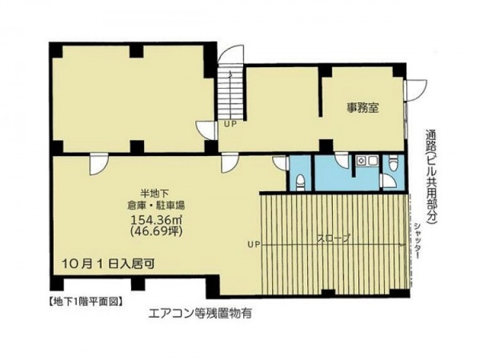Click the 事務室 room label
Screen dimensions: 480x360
(363, 107)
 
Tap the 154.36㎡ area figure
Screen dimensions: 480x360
(157, 220)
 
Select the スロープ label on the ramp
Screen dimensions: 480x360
(333, 239)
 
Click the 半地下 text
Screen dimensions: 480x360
(155, 193)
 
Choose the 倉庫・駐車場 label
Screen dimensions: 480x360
(156, 205)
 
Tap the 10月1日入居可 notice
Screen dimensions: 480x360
(108, 263)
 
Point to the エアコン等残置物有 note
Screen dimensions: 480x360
(200, 313)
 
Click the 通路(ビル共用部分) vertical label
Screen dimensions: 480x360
(431, 177)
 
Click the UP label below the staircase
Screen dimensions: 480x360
(230, 124)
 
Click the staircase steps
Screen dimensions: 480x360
(230, 92)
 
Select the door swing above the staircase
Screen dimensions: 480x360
(231, 54)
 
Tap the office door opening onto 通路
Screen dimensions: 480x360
(416, 91)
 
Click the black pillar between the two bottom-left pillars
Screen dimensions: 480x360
(138, 284)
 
